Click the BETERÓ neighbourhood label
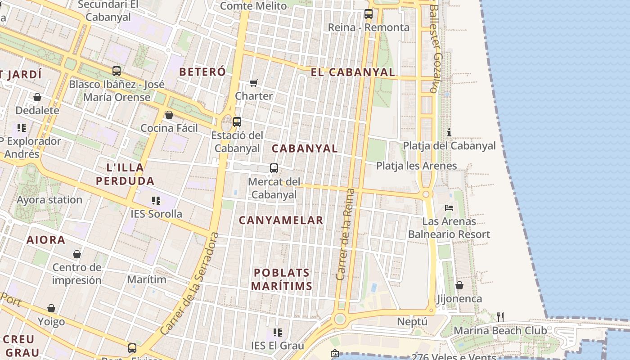click(x=202, y=72)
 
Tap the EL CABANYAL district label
click(x=353, y=72)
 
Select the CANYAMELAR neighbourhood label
click(x=281, y=220)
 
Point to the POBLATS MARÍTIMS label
click(x=282, y=279)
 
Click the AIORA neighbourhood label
click(x=46, y=240)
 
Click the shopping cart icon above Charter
click(x=254, y=83)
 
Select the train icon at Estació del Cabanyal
click(x=237, y=121)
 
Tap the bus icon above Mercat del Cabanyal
click(x=274, y=168)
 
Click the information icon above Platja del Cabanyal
click(x=449, y=132)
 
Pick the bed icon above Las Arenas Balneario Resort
click(x=449, y=207)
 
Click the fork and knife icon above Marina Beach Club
click(x=500, y=317)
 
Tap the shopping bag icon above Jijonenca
click(x=459, y=285)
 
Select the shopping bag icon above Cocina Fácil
click(x=169, y=115)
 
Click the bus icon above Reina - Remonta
click(x=369, y=14)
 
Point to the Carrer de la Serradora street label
click(x=189, y=283)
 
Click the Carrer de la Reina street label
click(x=345, y=234)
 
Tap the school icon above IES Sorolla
click(x=156, y=200)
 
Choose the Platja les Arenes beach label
click(x=416, y=166)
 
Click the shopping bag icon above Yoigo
click(x=51, y=308)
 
